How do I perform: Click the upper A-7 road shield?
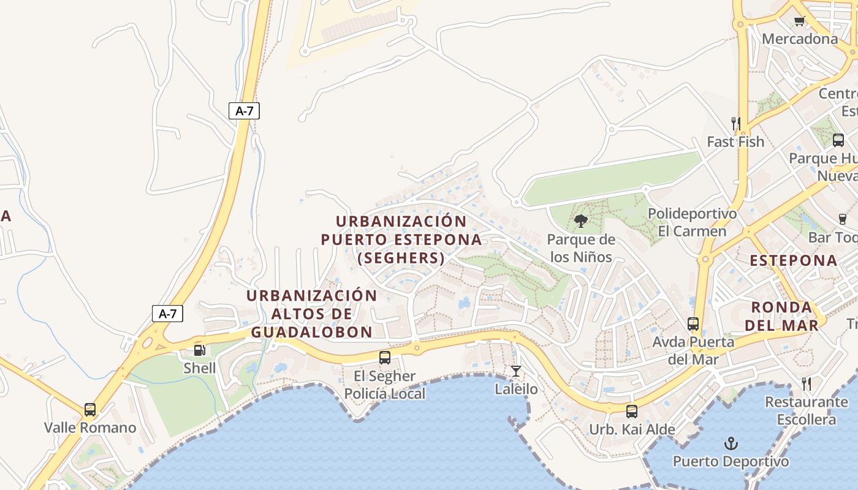point(245,111)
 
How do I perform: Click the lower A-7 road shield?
point(167,314)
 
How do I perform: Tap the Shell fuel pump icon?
point(199,350)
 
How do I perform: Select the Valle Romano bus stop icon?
point(90,409)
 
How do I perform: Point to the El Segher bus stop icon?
point(385,358)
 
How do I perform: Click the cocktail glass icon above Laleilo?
point(516,371)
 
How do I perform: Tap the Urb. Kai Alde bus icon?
point(632,411)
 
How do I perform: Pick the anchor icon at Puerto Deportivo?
point(731,443)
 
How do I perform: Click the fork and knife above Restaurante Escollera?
point(807,384)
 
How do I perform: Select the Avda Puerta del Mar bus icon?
point(693,323)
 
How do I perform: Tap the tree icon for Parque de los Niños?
point(581,221)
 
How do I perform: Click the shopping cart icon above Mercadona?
point(799,22)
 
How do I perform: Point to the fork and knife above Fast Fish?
point(735,124)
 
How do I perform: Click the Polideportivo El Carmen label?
point(692,222)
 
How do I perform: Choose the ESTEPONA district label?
point(794,260)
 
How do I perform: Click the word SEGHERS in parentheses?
point(401,258)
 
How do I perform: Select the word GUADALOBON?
point(312,332)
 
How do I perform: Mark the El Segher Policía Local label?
point(385,385)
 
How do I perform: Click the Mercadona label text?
point(800,39)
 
